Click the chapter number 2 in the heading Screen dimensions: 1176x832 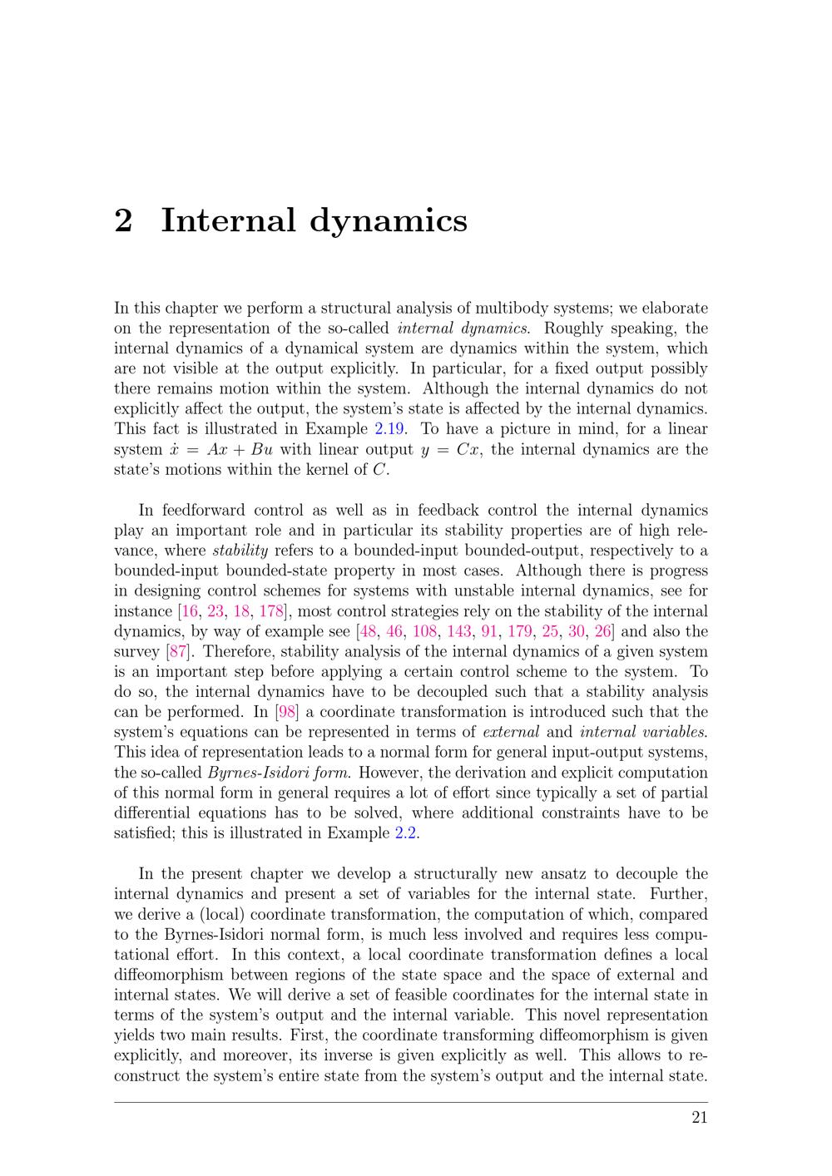tap(123, 220)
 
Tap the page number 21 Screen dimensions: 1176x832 tap(699, 1117)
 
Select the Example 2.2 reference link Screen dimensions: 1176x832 tap(405, 833)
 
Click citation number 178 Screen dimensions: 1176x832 tap(271, 611)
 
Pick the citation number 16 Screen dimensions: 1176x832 tap(190, 611)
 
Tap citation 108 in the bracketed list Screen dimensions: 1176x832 tap(424, 631)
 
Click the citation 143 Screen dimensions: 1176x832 tap(459, 631)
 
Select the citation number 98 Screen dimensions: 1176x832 tap(286, 712)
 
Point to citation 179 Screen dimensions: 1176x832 tap(519, 631)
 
